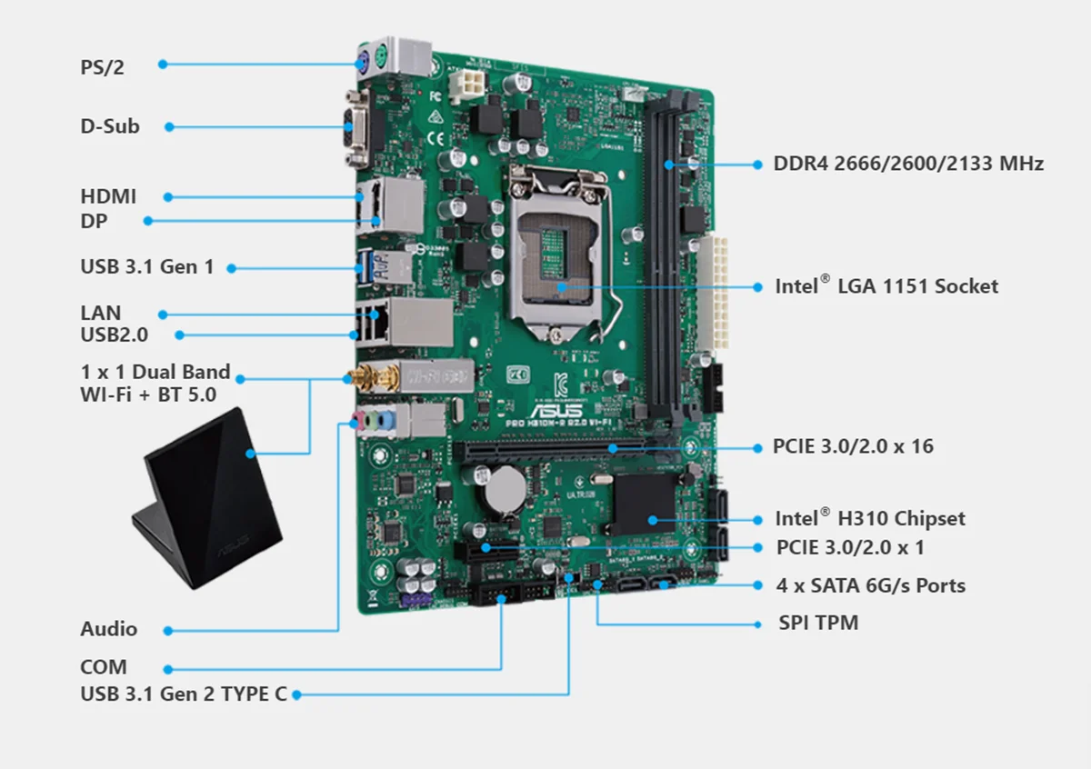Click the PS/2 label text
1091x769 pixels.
click(102, 66)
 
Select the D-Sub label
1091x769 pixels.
click(110, 126)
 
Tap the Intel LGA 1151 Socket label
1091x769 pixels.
click(886, 286)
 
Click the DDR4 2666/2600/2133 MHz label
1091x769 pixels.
click(908, 164)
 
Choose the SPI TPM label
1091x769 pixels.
click(818, 623)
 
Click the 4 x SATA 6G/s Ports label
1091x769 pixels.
click(871, 585)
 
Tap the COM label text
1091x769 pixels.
click(104, 666)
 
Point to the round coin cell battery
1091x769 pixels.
click(501, 492)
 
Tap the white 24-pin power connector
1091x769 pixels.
click(719, 293)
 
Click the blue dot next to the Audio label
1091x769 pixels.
click(166, 630)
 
